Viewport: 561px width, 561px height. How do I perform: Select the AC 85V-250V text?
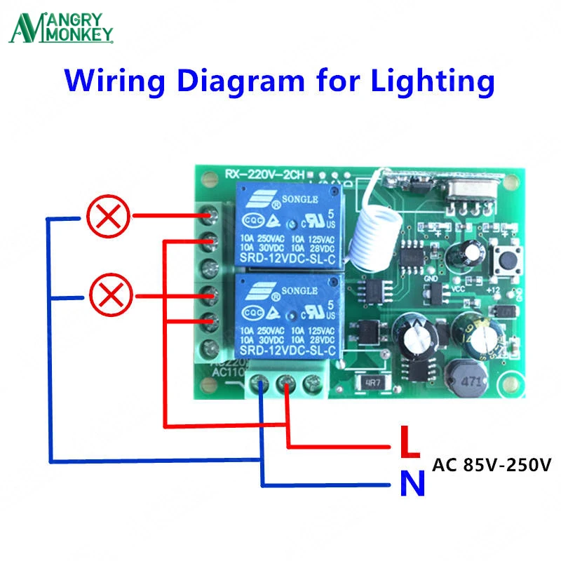click(492, 465)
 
